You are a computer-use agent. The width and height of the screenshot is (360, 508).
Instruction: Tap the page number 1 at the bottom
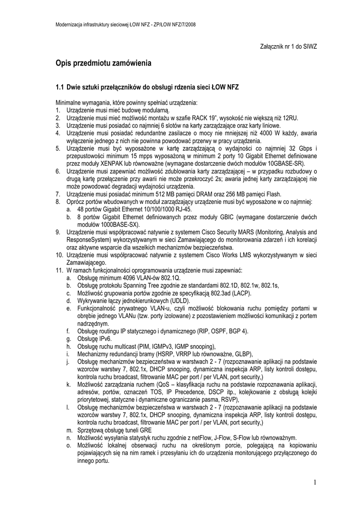(315, 482)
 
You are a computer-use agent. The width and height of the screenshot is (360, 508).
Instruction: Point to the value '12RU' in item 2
(289, 118)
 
